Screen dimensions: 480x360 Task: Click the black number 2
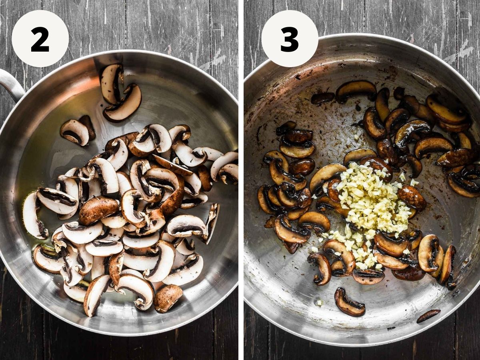coord(40,39)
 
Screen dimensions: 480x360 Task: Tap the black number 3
coord(289,39)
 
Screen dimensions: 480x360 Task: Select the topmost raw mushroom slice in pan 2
coord(112,84)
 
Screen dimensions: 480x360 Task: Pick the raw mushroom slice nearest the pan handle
coord(74,132)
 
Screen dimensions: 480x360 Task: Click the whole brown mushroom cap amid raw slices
coord(99,210)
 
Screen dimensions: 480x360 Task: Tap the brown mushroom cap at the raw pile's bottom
coord(168,298)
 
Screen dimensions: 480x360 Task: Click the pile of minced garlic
coord(370,210)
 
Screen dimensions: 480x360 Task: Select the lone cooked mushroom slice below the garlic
coord(349,302)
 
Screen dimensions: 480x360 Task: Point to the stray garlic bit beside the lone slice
coord(320,302)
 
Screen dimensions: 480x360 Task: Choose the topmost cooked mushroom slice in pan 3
coord(356,91)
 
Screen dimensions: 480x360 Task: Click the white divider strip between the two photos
coord(241,180)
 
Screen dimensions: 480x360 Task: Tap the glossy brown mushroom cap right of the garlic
coord(412,198)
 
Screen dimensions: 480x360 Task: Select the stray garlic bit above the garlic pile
coord(357,137)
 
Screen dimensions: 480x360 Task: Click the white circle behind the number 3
coord(290,38)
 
